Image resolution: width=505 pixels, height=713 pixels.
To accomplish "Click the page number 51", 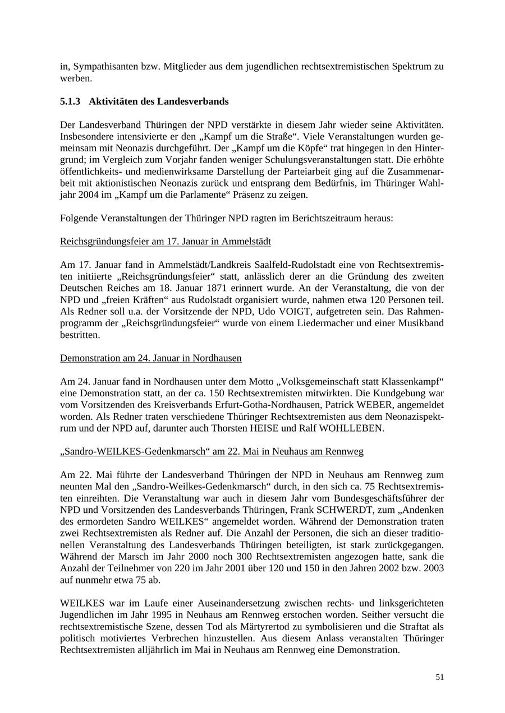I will tap(439, 677).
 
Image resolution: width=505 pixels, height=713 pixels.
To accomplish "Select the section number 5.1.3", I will tap(70, 101).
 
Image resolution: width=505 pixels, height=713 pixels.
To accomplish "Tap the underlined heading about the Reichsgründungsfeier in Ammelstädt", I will tap(165, 242).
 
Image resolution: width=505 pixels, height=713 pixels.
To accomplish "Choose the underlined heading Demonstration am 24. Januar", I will tap(150, 358).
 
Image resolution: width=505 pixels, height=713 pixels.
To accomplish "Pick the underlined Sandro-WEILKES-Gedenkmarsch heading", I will tap(212, 452).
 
